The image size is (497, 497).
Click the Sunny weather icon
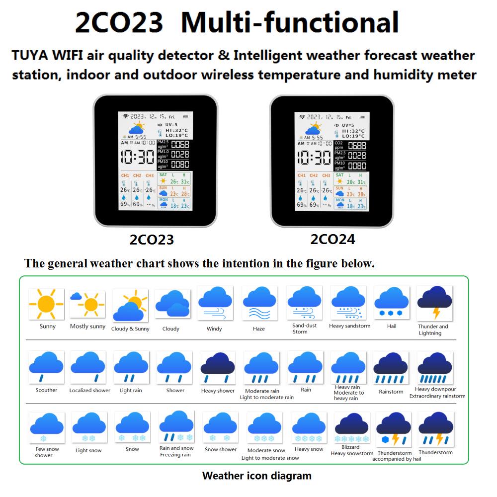pyautogui.click(x=46, y=303)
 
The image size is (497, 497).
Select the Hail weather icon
pyautogui.click(x=392, y=303)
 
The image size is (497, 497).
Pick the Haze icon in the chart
pyautogui.click(x=259, y=304)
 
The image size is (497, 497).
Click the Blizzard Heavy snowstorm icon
pyautogui.click(x=352, y=428)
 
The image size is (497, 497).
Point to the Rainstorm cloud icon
pyautogui.click(x=391, y=369)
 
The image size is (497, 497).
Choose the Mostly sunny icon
pyautogui.click(x=87, y=303)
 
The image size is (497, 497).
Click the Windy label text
pyautogui.click(x=214, y=329)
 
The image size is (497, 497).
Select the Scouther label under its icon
pyautogui.click(x=46, y=390)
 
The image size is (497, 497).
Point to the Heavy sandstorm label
pyautogui.click(x=349, y=326)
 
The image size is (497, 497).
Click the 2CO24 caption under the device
pyautogui.click(x=332, y=239)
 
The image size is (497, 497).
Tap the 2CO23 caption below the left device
pyautogui.click(x=152, y=240)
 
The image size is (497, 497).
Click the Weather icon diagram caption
pyautogui.click(x=256, y=476)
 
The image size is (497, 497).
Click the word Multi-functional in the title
pyautogui.click(x=290, y=23)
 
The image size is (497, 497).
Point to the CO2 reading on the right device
pyautogui.click(x=356, y=145)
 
